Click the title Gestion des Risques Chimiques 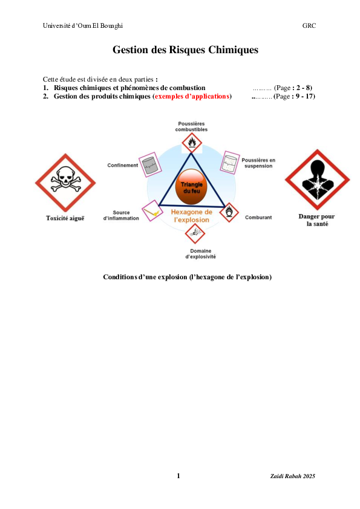pyautogui.click(x=185, y=50)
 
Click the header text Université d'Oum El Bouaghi pyautogui.click(x=83, y=25)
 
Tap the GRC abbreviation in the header pyautogui.click(x=309, y=25)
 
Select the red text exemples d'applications pyautogui.click(x=192, y=97)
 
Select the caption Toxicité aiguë pyautogui.click(x=65, y=218)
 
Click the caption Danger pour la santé pyautogui.click(x=316, y=220)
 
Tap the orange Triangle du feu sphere pyautogui.click(x=192, y=187)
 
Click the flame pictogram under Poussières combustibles pyautogui.click(x=192, y=143)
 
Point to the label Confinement pyautogui.click(x=122, y=165)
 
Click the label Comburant pyautogui.click(x=258, y=217)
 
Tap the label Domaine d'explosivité pyautogui.click(x=200, y=254)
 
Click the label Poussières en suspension pyautogui.click(x=259, y=163)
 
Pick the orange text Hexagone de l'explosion pyautogui.click(x=191, y=216)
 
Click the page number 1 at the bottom pyautogui.click(x=178, y=476)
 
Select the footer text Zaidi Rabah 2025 pyautogui.click(x=292, y=476)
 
